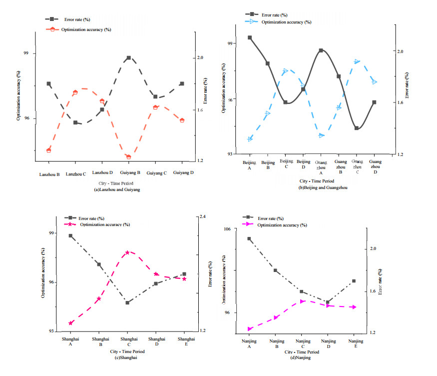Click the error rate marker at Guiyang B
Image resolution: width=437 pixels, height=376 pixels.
128,58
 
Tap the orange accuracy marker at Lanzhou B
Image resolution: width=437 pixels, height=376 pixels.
49,150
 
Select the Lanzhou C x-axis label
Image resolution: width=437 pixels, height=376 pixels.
76,174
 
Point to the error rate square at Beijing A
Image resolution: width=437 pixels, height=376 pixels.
250,37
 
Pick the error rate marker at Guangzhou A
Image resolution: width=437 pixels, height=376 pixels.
321,50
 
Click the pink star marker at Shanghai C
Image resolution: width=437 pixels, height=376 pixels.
127,252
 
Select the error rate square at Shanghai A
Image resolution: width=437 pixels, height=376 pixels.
70,235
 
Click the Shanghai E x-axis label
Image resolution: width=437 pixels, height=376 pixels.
185,341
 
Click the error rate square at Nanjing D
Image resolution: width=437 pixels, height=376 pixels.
328,302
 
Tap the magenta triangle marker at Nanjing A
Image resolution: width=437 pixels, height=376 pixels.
249,329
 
